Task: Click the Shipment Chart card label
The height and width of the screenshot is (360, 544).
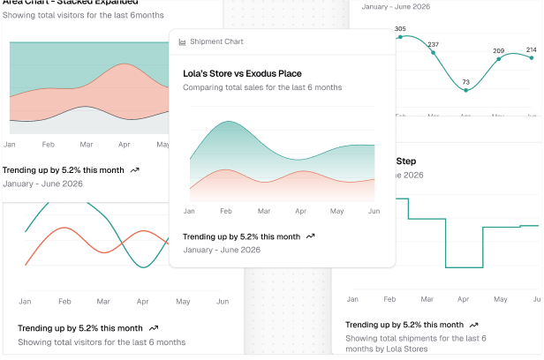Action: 216,41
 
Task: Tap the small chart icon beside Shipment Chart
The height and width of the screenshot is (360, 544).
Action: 182,41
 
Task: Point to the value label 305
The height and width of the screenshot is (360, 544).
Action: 400,29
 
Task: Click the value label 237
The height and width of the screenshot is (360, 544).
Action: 433,44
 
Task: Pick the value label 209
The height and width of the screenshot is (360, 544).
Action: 499,51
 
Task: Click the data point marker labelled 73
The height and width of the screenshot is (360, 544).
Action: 466,90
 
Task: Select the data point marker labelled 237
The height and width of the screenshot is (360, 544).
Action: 433,52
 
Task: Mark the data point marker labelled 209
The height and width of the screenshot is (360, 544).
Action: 499,59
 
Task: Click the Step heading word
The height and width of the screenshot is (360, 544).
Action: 405,161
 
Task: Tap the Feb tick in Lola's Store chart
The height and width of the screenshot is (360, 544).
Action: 226,212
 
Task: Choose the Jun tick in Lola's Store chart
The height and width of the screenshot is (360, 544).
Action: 374,212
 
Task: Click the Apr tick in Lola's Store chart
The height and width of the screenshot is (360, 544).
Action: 300,212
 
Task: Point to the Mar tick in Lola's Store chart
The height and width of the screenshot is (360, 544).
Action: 263,212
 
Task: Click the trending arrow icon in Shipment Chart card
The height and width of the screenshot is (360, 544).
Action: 310,236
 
